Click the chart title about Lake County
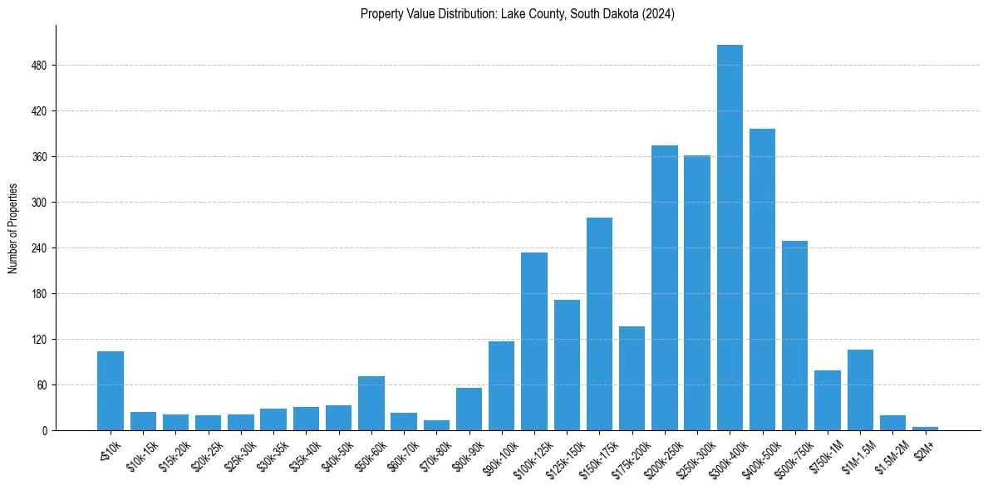tap(517, 14)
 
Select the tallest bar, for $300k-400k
tap(730, 238)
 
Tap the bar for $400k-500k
tap(762, 279)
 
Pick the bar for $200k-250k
tap(664, 287)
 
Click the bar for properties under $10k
tap(111, 390)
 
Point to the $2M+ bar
tap(925, 429)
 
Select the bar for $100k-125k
tap(534, 341)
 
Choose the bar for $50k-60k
tap(371, 403)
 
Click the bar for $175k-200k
tap(632, 378)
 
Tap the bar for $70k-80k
tap(436, 425)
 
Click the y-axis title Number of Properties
tap(13, 228)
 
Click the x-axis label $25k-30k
tap(237, 454)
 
